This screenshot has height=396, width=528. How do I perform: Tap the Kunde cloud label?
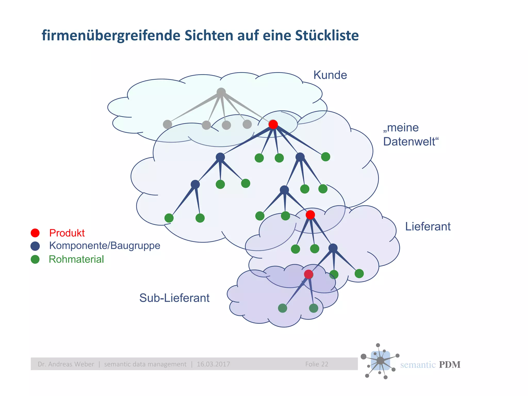330,75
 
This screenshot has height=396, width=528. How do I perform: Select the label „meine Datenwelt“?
410,135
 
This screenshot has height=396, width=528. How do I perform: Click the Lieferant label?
428,227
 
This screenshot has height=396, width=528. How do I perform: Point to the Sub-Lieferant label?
174,298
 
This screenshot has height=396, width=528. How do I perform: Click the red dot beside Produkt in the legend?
35,233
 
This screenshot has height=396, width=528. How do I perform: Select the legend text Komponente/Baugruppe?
105,245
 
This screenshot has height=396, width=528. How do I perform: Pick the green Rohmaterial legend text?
76,259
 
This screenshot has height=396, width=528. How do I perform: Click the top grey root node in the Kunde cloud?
221,92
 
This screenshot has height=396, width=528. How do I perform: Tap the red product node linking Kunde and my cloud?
273,125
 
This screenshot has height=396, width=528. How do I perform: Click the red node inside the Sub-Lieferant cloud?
308,274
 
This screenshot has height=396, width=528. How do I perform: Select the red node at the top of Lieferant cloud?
310,214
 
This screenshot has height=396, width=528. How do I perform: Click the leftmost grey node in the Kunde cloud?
167,125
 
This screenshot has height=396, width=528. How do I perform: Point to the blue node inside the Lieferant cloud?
333,248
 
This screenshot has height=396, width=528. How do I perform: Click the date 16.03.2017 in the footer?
213,364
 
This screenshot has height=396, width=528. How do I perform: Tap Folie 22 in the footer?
317,364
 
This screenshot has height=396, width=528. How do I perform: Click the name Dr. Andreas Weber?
66,364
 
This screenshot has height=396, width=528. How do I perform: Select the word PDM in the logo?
449,365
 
